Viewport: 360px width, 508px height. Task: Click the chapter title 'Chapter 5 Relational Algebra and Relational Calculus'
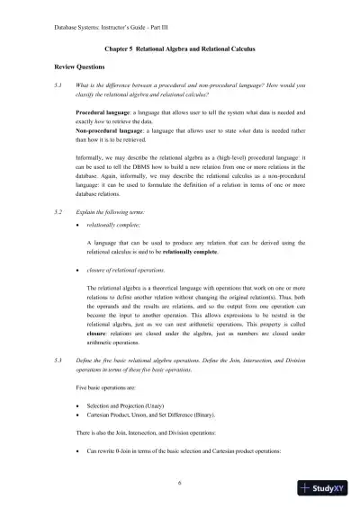pyautogui.click(x=180, y=52)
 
